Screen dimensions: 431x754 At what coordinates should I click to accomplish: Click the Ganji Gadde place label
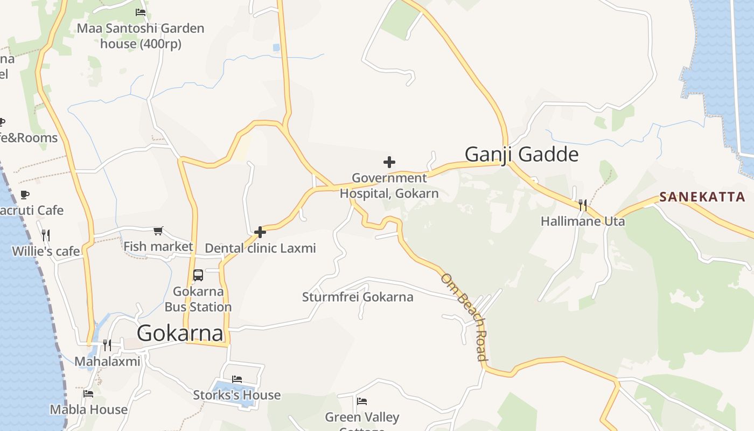[x=521, y=155]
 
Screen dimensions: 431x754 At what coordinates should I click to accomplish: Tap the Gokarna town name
[x=180, y=333]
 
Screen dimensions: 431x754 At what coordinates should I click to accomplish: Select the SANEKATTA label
[x=702, y=197]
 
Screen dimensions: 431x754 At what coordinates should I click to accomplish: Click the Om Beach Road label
[x=464, y=317]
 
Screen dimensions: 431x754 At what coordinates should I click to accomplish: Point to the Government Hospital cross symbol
[x=389, y=162]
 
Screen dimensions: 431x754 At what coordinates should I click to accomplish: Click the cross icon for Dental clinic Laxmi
[x=260, y=232]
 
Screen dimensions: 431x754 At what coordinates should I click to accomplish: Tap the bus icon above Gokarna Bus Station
[x=198, y=275]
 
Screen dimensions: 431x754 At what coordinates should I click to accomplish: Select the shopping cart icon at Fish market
[x=158, y=231]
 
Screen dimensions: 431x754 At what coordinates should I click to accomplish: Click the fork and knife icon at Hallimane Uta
[x=582, y=205]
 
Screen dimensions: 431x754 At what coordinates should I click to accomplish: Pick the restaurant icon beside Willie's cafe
[x=46, y=235]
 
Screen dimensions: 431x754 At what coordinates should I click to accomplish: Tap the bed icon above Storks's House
[x=237, y=379]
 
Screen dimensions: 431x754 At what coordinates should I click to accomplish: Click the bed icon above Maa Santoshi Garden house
[x=141, y=12]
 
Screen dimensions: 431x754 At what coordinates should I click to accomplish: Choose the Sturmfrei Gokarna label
[x=358, y=297]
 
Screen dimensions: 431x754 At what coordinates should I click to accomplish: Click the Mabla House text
[x=89, y=409]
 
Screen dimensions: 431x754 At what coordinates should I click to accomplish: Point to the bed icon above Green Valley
[x=362, y=401]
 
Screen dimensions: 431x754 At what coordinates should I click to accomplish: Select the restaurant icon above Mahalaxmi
[x=107, y=345]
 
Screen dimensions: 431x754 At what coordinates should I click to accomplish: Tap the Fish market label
[x=158, y=247]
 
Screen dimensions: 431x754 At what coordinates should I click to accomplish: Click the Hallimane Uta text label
[x=583, y=221]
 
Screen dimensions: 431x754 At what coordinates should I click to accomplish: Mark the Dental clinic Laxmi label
[x=260, y=248]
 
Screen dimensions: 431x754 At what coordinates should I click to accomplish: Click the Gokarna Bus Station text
[x=198, y=300]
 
